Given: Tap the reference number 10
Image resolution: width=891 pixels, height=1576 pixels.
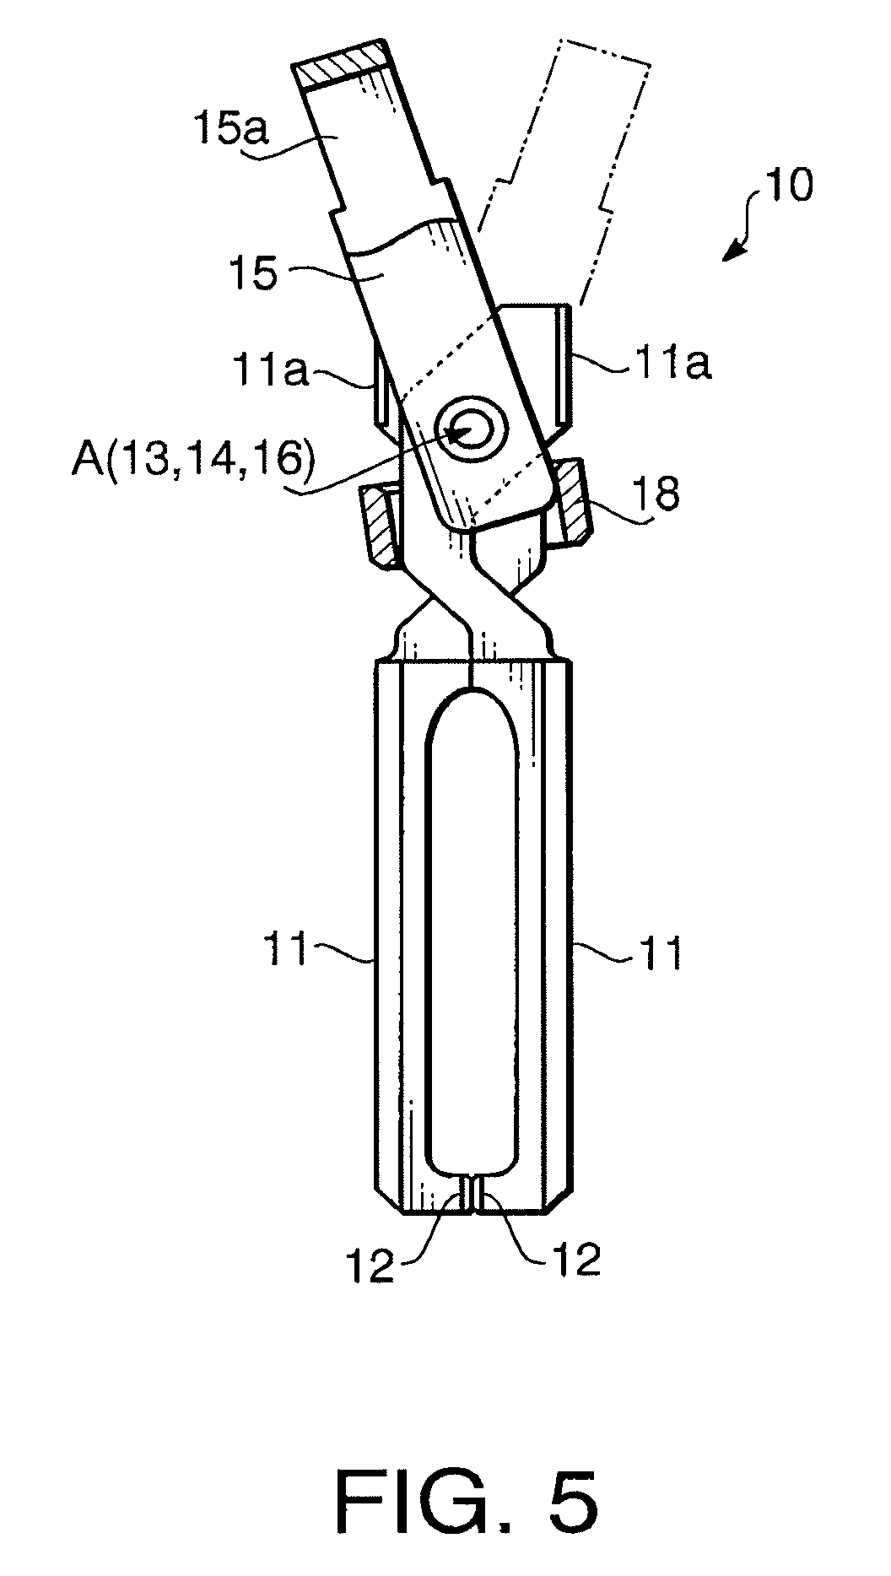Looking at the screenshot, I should click(789, 185).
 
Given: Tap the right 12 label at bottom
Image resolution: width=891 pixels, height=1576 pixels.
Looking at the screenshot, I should click(576, 1258).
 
